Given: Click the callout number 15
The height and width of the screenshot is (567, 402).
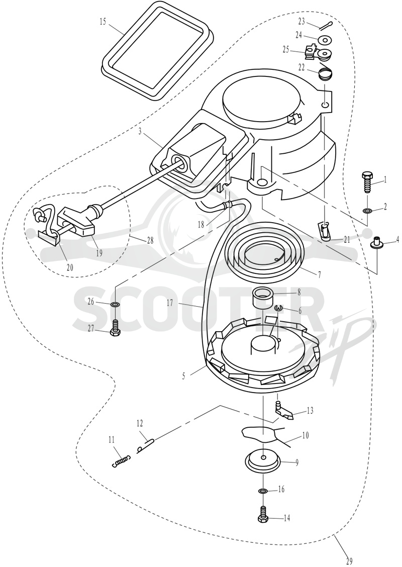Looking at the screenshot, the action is point(103,22).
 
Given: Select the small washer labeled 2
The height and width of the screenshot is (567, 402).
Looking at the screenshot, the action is point(367,210).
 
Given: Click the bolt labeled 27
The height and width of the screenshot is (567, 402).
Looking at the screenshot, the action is point(115,327).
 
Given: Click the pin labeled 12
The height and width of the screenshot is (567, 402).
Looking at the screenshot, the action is point(146,444).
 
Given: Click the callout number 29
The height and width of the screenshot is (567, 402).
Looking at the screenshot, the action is point(349,561).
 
